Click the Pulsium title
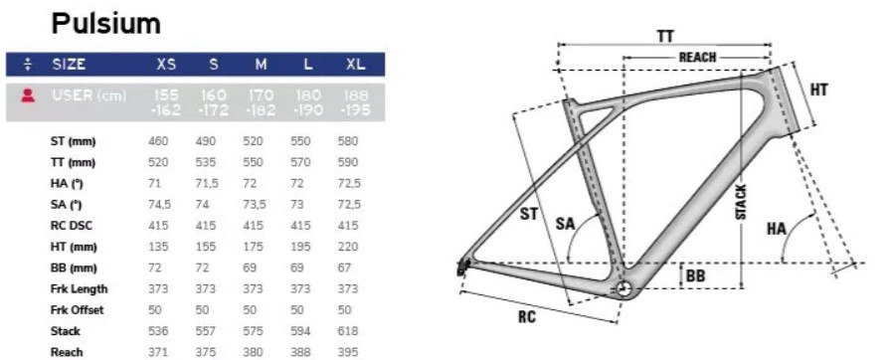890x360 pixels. click(106, 24)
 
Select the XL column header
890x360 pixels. click(355, 65)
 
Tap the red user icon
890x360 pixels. click(28, 95)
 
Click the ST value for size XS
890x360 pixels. click(158, 141)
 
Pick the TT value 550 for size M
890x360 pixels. click(253, 162)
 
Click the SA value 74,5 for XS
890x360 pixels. click(159, 205)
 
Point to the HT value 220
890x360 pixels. click(347, 247)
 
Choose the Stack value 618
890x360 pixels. click(347, 330)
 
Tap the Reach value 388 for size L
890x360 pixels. click(300, 352)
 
